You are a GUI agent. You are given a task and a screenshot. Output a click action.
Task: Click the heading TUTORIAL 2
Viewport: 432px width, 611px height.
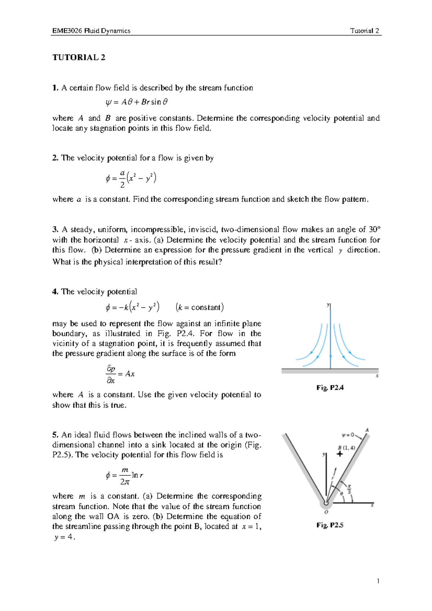coord(79,58)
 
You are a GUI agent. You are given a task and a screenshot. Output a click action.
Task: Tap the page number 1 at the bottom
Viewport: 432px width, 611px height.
coord(378,581)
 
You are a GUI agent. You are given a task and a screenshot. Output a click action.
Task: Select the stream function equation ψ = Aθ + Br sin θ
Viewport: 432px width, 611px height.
coord(137,102)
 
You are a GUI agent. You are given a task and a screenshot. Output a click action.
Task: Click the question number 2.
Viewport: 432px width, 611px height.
coord(55,158)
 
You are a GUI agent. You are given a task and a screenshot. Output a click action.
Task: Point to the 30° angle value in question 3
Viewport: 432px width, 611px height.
coord(374,230)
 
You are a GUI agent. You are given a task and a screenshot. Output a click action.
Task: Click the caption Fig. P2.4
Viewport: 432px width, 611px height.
coord(330,388)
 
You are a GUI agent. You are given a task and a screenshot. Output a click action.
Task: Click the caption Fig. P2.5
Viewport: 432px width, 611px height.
coord(330,525)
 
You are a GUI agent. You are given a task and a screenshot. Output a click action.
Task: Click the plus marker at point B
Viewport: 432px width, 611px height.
coord(339,454)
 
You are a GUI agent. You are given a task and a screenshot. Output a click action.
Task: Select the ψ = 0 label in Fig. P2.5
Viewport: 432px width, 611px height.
coord(348,435)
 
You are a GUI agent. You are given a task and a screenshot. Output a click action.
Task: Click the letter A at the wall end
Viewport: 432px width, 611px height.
coord(367,430)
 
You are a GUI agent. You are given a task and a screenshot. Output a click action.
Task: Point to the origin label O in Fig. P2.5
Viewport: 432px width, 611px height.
coord(327,512)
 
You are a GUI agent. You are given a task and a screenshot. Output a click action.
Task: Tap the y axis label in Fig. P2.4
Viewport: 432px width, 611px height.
coord(328,305)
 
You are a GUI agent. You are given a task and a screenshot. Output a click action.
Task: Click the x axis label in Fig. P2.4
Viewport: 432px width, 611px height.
coord(377,376)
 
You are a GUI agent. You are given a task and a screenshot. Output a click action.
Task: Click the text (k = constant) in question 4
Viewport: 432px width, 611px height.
coord(200,307)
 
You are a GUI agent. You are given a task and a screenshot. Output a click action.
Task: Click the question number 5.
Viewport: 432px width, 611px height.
coord(55,435)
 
